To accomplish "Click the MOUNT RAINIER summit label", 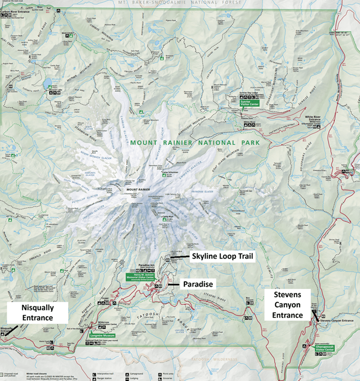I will (x=139, y=190).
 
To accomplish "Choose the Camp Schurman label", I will (x=170, y=172).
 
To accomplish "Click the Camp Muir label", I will (x=167, y=216).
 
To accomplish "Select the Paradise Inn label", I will (x=145, y=265).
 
